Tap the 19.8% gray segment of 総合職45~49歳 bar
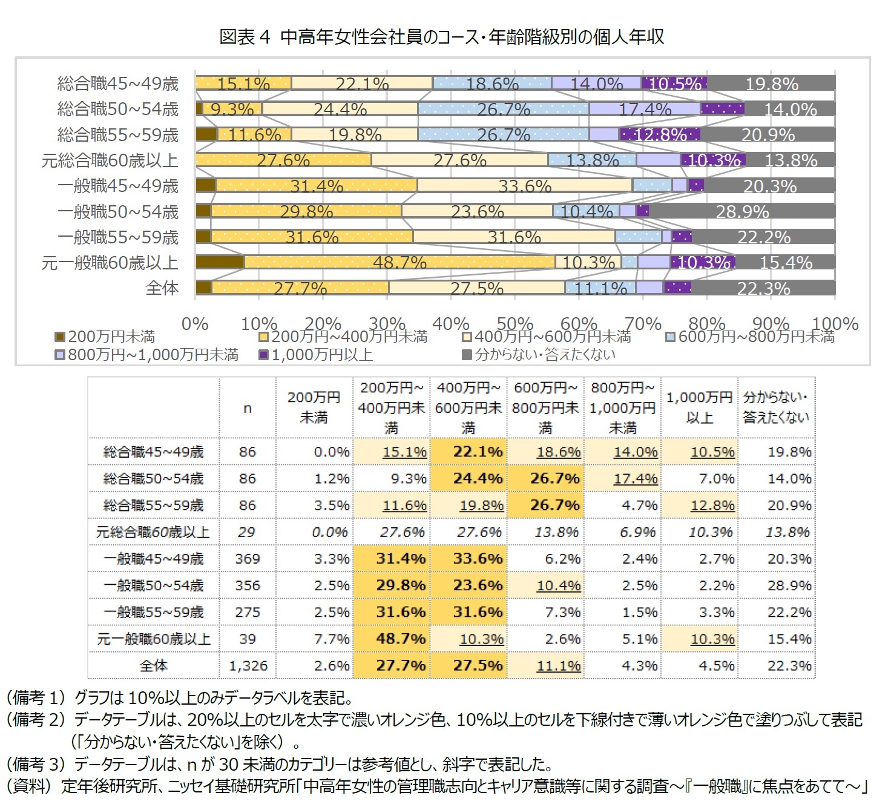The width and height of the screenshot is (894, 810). pyautogui.click(x=771, y=84)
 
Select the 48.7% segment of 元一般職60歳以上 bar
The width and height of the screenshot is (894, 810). pyautogui.click(x=399, y=262)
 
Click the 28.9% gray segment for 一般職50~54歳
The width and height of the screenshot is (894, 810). pyautogui.click(x=742, y=211)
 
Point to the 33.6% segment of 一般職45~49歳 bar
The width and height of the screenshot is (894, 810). pyautogui.click(x=524, y=185)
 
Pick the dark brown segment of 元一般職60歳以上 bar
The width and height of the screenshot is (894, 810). pyautogui.click(x=220, y=262)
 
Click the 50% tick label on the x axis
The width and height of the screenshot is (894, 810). pyautogui.click(x=514, y=324)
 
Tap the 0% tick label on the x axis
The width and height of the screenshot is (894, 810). pyautogui.click(x=195, y=324)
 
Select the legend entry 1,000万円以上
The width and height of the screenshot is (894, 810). pyautogui.click(x=321, y=355)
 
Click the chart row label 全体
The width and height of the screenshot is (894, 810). pyautogui.click(x=162, y=288)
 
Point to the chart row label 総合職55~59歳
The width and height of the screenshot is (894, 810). pyautogui.click(x=118, y=134)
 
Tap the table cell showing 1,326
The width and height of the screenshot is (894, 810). pyautogui.click(x=248, y=666)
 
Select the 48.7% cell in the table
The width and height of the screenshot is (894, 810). pyautogui.click(x=400, y=639)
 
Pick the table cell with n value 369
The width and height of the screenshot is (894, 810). pyautogui.click(x=248, y=559)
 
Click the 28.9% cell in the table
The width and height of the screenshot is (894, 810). pyautogui.click(x=789, y=585)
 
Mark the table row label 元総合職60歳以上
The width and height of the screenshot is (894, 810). pyautogui.click(x=153, y=532)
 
